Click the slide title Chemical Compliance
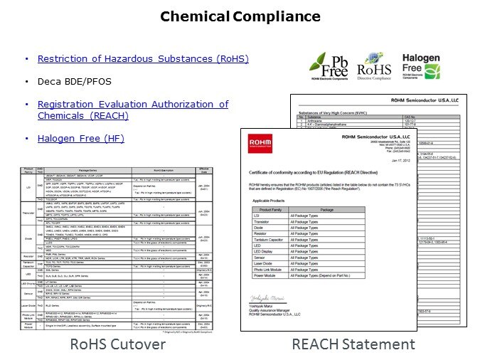point(240,16)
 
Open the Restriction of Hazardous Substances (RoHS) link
point(143,58)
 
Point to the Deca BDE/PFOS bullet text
point(68,81)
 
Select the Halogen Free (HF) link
point(81,138)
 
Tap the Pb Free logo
point(328,66)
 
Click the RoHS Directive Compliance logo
point(374,66)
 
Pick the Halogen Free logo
point(422,65)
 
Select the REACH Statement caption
point(353,344)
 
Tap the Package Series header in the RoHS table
point(88,171)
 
